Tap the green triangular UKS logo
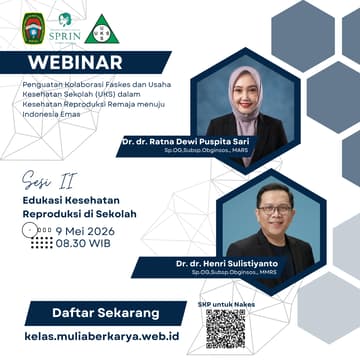103,27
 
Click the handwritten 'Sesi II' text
45,180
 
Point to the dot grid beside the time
42,242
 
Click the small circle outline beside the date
32,228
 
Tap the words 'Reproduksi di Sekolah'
79,213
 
